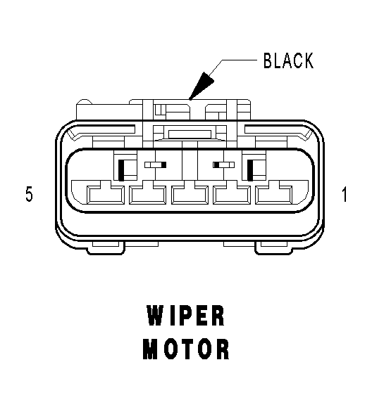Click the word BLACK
[x=289, y=60]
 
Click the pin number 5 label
[x=29, y=194]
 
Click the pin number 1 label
[x=344, y=194]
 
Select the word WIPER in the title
[x=185, y=315]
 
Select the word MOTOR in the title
[x=186, y=349]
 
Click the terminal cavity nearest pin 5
[x=105, y=195]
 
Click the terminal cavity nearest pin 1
[x=274, y=195]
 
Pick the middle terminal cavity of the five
[x=190, y=195]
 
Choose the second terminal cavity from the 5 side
[x=147, y=195]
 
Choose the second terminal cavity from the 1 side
[x=232, y=195]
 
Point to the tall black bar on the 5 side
[x=121, y=170]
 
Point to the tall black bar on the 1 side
[x=250, y=170]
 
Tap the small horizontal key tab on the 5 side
[x=155, y=165]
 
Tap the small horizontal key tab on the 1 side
[x=223, y=165]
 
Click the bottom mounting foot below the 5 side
[x=106, y=249]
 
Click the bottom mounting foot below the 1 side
[x=274, y=249]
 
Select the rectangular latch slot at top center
[x=190, y=134]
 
